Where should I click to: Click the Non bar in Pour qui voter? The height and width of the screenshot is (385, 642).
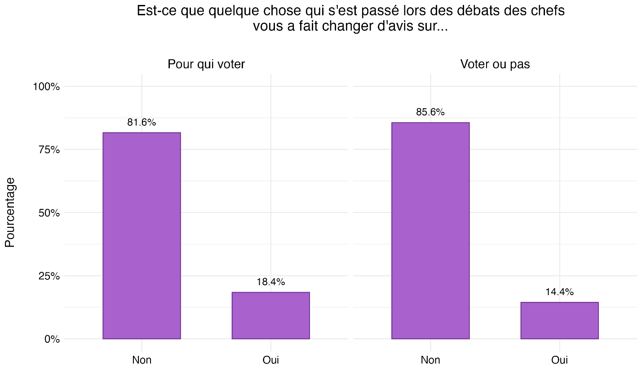click(x=142, y=235)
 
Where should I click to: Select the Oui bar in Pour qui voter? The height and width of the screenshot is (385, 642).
click(x=270, y=315)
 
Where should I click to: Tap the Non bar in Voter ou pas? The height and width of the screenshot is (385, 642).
click(x=430, y=230)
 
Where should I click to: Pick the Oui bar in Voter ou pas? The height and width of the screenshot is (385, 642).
click(x=559, y=320)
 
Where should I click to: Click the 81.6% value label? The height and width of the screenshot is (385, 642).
click(x=142, y=122)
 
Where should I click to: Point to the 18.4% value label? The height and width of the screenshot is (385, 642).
click(x=270, y=282)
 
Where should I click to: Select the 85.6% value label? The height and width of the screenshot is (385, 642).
click(x=430, y=112)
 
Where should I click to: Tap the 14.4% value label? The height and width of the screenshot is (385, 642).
click(x=559, y=292)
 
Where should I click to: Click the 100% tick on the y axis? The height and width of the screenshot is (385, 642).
click(x=46, y=87)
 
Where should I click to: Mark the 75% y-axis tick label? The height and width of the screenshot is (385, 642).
click(x=49, y=150)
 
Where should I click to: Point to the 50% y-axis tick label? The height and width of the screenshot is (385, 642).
click(x=49, y=213)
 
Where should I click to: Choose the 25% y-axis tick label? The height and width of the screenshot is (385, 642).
click(x=49, y=276)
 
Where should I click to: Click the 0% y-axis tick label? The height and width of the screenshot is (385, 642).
click(x=52, y=339)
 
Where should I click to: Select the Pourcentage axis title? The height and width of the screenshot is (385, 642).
click(x=10, y=212)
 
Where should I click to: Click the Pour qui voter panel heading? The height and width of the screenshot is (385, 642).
click(x=206, y=64)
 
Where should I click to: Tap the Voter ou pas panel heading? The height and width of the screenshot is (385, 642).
click(x=495, y=64)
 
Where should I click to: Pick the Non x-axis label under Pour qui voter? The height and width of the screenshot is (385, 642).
click(x=142, y=360)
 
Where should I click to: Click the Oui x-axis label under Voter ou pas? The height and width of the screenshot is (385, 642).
click(x=559, y=360)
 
